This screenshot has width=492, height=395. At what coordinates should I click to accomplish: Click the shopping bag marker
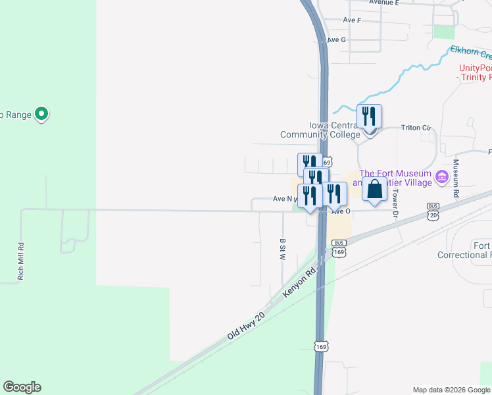point(374,188)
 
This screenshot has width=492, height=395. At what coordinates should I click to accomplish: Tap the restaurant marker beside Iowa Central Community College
point(370,117)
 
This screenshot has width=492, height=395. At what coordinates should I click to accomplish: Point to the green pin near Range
point(41,115)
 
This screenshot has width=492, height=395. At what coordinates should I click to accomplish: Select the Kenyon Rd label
point(299,280)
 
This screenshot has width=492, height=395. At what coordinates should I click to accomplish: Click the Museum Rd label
point(455,180)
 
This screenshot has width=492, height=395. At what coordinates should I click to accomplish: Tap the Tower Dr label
point(396,203)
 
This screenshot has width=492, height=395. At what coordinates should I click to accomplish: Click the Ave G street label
point(336,40)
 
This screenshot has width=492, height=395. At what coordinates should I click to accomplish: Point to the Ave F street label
point(352,20)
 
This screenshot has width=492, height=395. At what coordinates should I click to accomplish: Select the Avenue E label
point(384,3)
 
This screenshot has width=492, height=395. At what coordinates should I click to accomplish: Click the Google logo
point(22,387)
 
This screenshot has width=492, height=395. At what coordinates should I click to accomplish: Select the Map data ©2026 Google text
point(451,389)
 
